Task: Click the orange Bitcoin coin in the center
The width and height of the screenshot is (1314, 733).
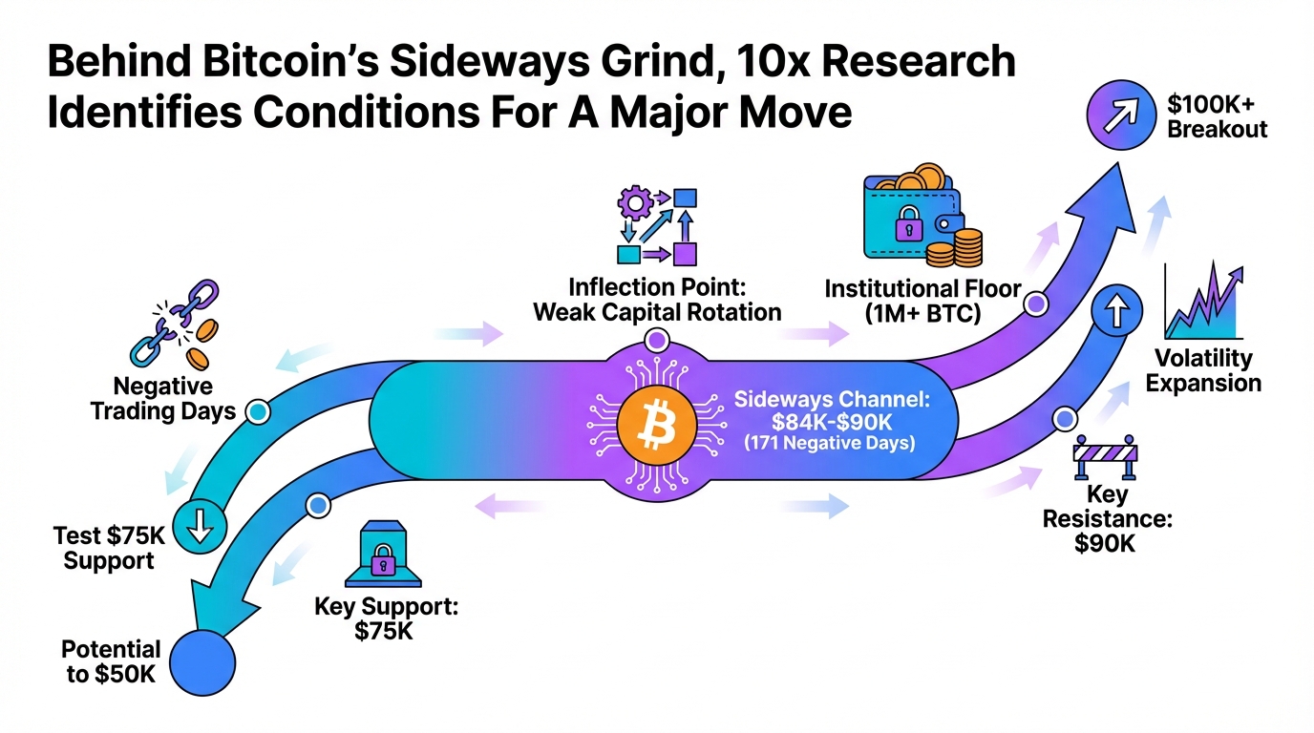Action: (656, 426)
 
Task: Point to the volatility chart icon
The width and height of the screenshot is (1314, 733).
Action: (1204, 304)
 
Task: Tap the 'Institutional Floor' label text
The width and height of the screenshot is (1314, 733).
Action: (922, 288)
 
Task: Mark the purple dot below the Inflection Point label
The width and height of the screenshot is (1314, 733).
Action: (657, 339)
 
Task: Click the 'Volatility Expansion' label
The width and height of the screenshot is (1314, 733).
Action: (1203, 371)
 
